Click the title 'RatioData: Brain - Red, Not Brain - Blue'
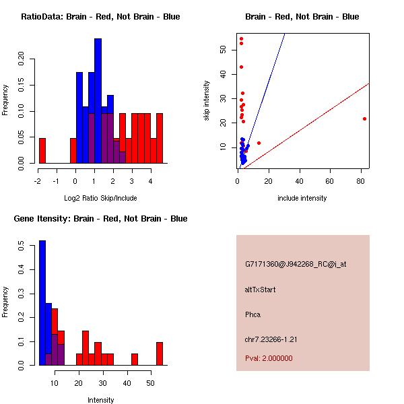100,17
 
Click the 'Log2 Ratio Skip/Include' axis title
100,198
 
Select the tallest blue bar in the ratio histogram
98,101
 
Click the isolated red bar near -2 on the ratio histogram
42,150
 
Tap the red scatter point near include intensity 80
364,119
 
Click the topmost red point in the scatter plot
241,38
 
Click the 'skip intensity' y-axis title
207,101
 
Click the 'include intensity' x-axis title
302,198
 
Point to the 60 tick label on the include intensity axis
330,181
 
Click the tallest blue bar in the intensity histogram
42,303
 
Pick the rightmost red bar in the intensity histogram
160,353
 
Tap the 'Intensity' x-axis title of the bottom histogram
100,400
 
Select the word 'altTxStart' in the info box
260,290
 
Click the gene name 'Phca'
252,314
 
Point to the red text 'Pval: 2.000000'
269,358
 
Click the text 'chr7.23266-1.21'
271,339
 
